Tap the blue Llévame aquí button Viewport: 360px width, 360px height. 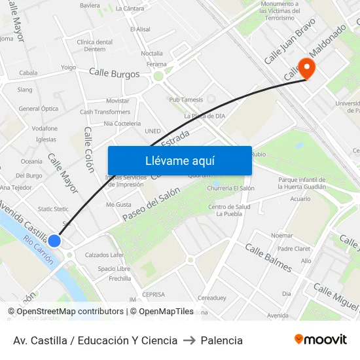(x=179, y=160)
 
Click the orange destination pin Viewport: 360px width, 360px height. (x=306, y=68)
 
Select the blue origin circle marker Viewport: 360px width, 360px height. (x=54, y=241)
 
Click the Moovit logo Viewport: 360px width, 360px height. (x=320, y=340)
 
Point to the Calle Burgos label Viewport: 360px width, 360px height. (x=114, y=74)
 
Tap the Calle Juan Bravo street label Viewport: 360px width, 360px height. (x=289, y=41)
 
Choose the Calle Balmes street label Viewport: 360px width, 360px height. (x=268, y=257)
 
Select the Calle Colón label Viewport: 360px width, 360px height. (x=89, y=149)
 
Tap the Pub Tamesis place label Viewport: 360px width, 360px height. (x=186, y=99)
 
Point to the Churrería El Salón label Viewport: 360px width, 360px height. (x=230, y=189)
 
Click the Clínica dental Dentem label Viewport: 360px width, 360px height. (x=95, y=45)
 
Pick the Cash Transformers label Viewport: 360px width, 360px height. (x=105, y=112)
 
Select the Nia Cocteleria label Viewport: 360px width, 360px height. (x=122, y=123)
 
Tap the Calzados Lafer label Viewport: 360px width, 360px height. (x=104, y=255)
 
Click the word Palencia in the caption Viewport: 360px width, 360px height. (x=221, y=340)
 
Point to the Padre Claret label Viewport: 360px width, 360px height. (x=293, y=249)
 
